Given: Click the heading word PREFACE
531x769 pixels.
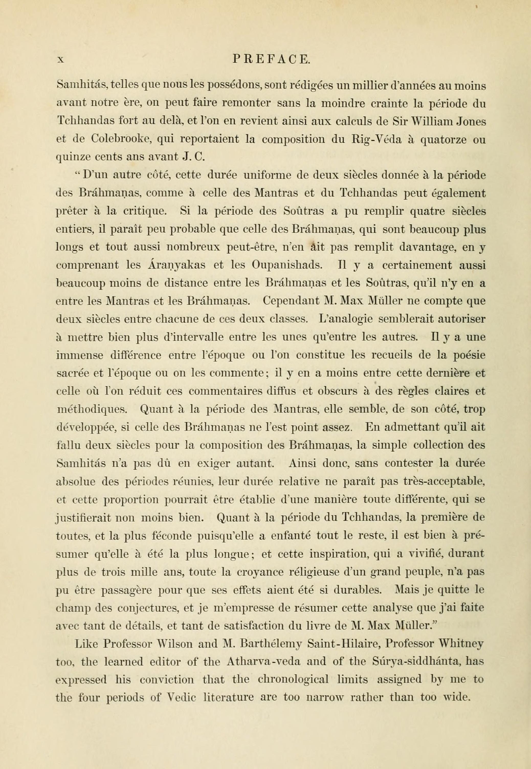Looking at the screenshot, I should [x=271, y=60].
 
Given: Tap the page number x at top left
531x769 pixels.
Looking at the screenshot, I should [x=60, y=60].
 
